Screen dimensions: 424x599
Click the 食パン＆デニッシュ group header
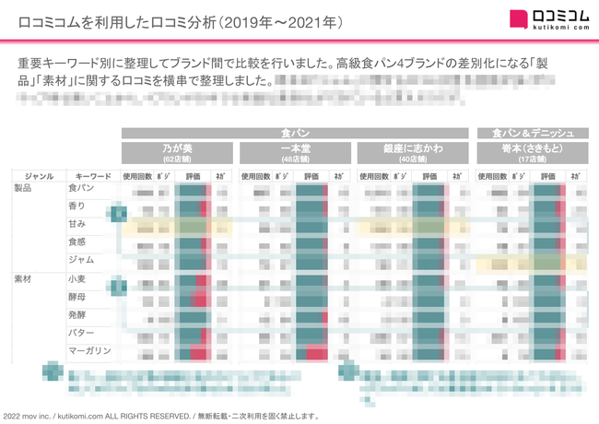tap(532, 133)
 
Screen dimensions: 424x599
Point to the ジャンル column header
tap(39, 175)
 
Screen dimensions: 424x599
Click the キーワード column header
tap(93, 175)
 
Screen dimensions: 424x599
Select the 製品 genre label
tap(24, 188)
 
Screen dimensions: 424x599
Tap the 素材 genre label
tap(24, 278)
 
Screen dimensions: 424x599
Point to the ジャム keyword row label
tap(80, 260)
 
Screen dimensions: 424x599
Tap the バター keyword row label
tap(80, 332)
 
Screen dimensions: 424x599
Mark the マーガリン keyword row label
tap(88, 350)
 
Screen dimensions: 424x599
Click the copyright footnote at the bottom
tap(161, 416)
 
